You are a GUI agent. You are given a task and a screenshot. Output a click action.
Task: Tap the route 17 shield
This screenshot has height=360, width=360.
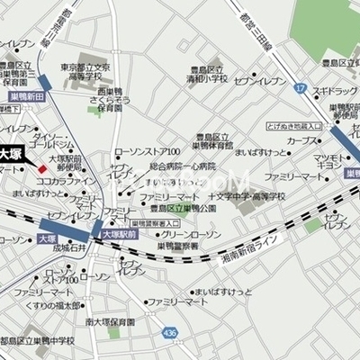coord(301,87)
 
